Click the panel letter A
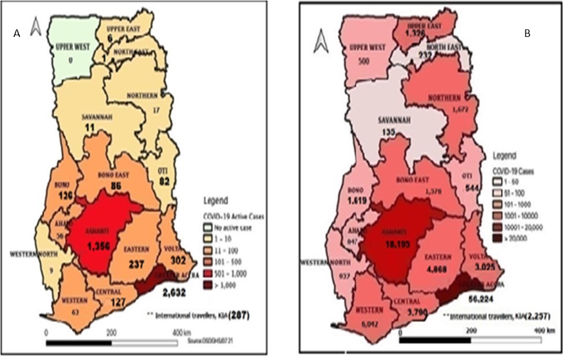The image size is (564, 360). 17,34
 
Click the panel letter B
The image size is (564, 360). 526,34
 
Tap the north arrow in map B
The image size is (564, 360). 320,41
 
